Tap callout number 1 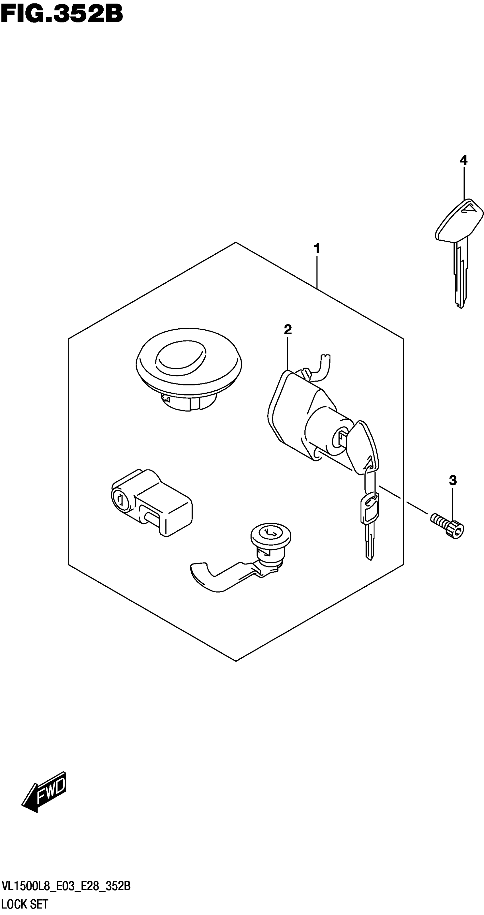click(x=317, y=249)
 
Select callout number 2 click(x=288, y=330)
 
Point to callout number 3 click(x=452, y=481)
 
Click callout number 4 click(x=464, y=160)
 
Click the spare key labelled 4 click(x=459, y=249)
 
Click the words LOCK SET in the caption click(x=25, y=904)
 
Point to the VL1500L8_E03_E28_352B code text click(x=66, y=886)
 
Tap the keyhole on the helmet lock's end click(x=120, y=500)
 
